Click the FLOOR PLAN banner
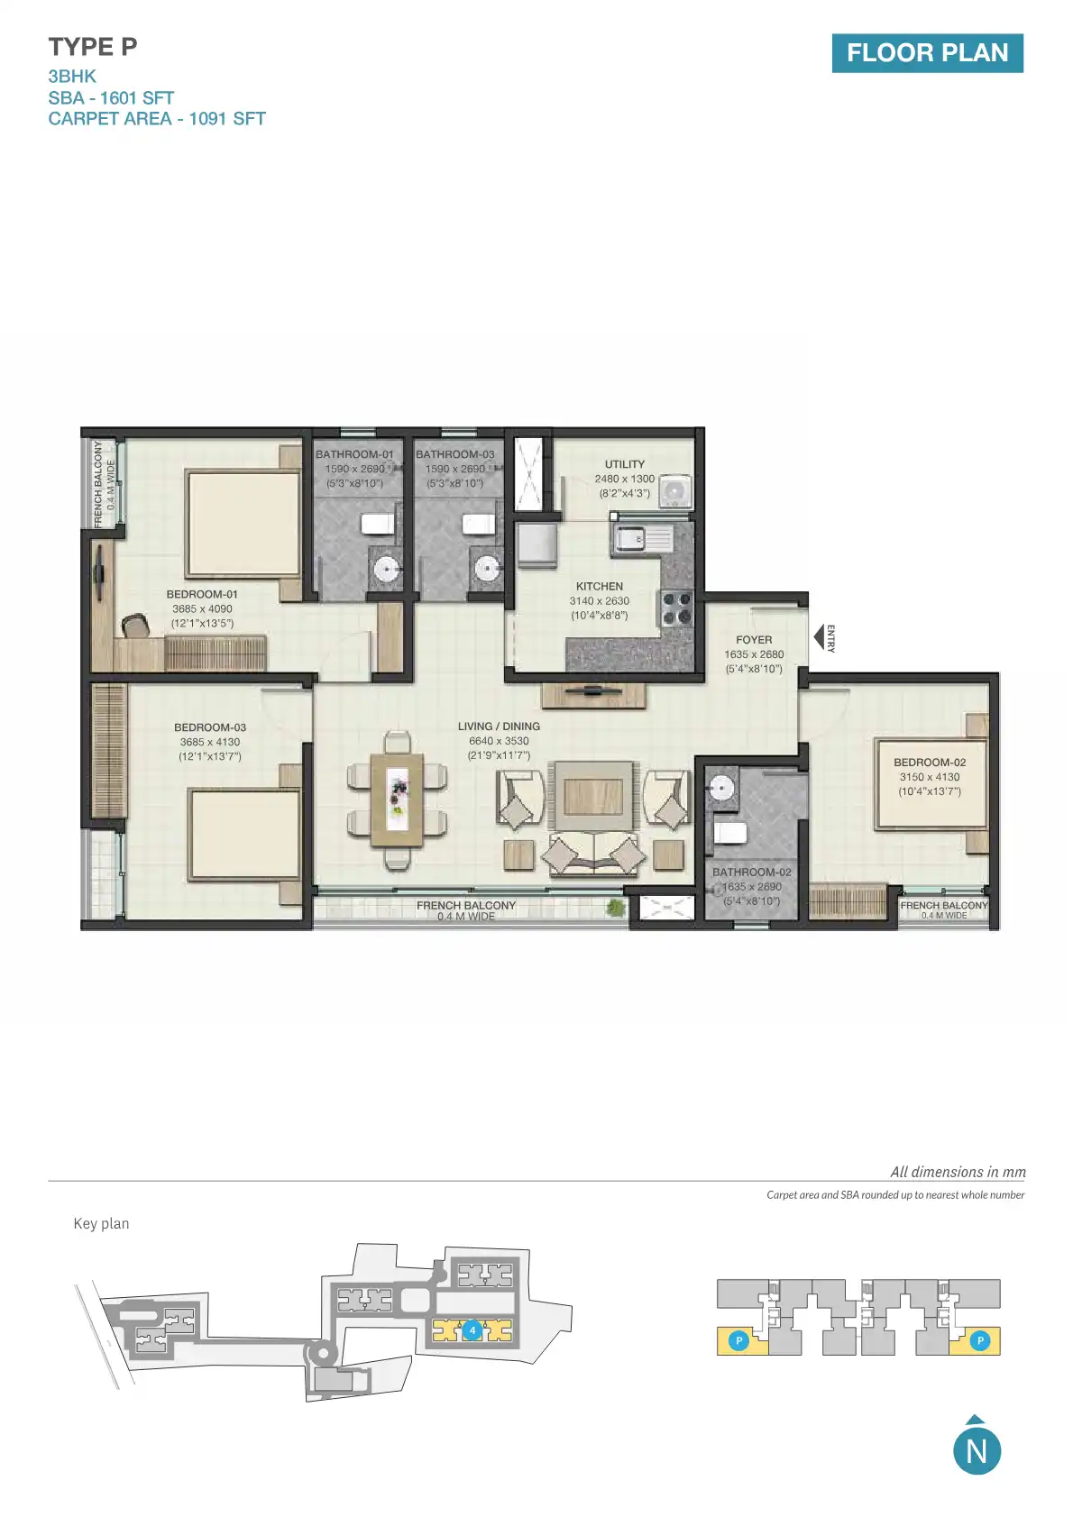[927, 53]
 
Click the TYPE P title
[93, 47]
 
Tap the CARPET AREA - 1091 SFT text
[157, 119]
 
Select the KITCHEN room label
[599, 586]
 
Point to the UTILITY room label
[624, 464]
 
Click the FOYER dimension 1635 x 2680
[754, 654]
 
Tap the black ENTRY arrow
[821, 638]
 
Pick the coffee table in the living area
[592, 796]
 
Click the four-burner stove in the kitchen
[676, 608]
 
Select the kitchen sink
[641, 539]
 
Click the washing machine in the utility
[674, 491]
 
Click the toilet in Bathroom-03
[479, 524]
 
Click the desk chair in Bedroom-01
[135, 625]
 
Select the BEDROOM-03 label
[210, 727]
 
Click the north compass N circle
[977, 1450]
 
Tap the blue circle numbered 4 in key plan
[472, 1330]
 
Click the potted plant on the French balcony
[616, 907]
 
